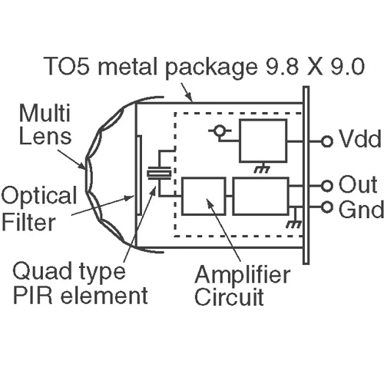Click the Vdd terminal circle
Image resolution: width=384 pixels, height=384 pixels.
(326, 141)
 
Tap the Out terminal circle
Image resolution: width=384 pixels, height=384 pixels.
(326, 186)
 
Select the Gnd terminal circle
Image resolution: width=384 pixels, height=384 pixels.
(326, 207)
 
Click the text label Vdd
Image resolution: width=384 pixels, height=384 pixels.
(359, 138)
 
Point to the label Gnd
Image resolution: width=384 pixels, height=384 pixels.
(361, 209)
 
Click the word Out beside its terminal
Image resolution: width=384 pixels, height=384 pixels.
(358, 184)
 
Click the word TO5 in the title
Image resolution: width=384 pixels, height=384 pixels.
(66, 66)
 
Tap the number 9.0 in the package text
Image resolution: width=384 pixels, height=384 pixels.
(347, 66)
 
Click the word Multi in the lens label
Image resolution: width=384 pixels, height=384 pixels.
(45, 113)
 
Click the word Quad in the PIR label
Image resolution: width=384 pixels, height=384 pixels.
(41, 271)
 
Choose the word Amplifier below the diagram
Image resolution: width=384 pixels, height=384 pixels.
(242, 275)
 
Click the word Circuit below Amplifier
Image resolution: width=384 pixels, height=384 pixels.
(229, 297)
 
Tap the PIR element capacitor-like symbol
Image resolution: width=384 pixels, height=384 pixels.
(159, 174)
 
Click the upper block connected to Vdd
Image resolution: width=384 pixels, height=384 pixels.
(263, 141)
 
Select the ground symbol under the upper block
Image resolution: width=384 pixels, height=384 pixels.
(263, 168)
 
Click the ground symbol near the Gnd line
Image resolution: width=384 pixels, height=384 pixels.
(294, 221)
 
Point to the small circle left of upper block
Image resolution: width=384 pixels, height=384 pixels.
(219, 131)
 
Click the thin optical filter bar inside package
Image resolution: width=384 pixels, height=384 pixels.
(139, 176)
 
